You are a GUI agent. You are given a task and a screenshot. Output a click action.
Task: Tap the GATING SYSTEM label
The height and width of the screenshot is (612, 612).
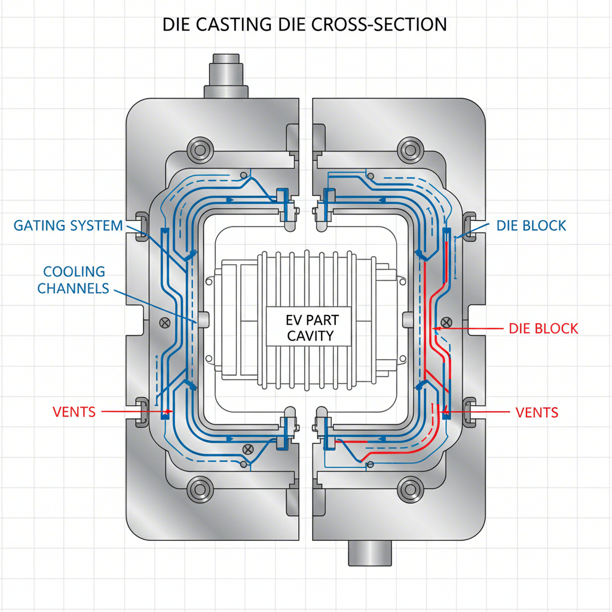[68, 226]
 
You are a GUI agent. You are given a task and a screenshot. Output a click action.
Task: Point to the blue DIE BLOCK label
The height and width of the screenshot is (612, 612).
[531, 226]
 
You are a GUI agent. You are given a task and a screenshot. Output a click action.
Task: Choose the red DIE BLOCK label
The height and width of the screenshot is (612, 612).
[543, 328]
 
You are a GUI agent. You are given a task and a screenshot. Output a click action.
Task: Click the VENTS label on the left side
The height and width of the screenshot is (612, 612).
[74, 412]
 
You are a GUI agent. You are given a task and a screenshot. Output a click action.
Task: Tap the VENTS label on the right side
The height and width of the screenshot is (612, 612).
[537, 412]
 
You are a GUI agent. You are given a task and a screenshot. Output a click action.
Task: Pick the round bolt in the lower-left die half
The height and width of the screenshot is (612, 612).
[200, 490]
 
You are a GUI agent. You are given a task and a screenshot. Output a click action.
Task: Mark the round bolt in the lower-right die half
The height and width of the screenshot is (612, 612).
[411, 490]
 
